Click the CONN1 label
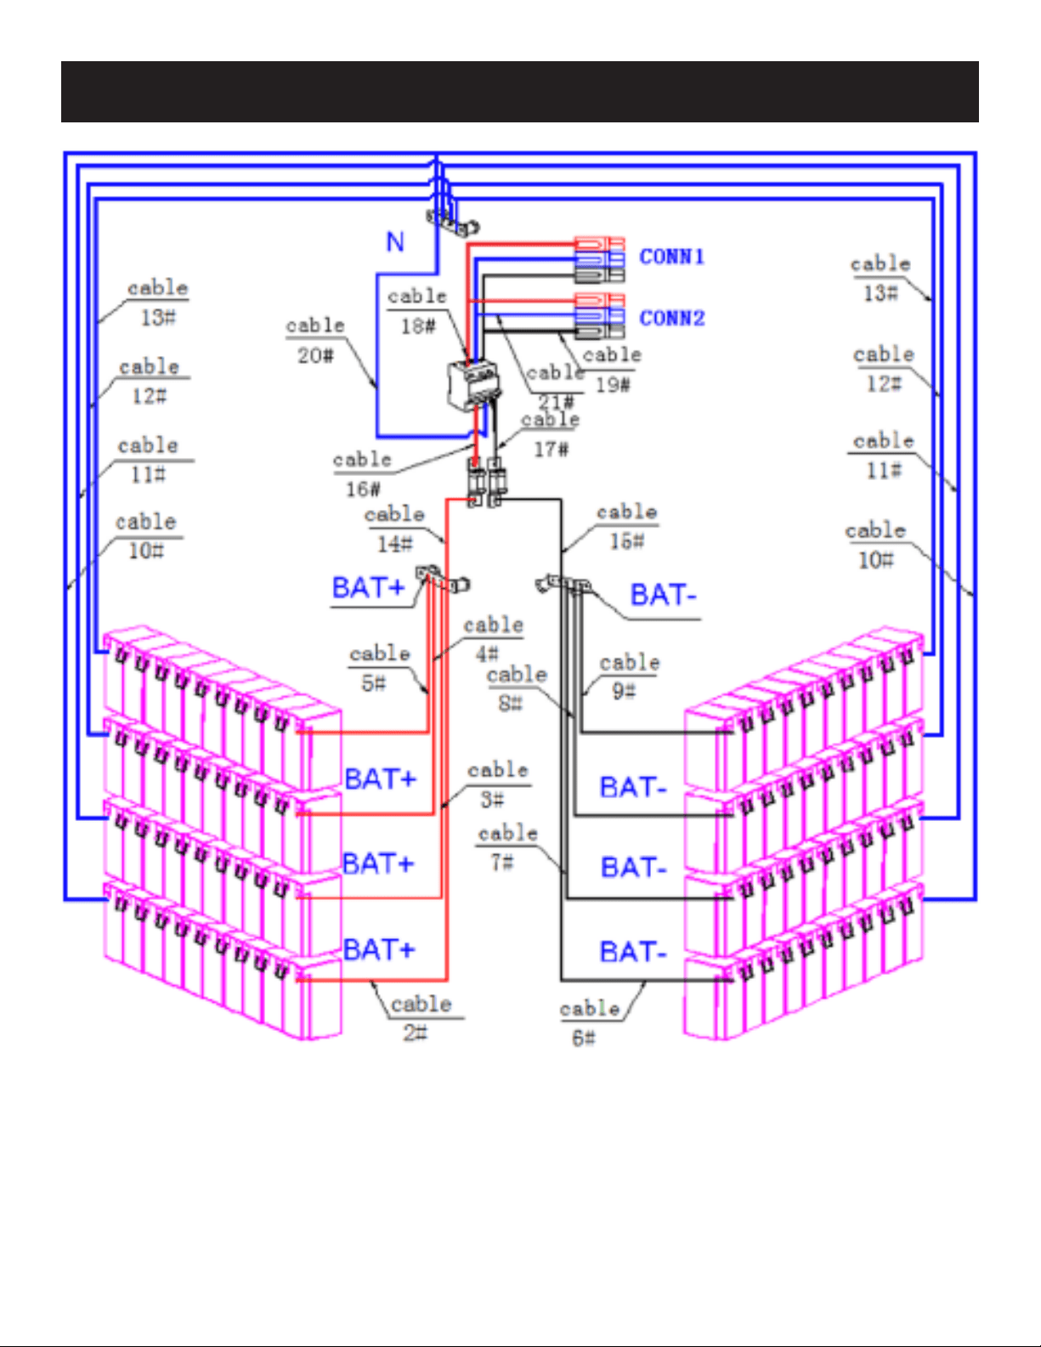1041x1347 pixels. [671, 257]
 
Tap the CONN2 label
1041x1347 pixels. [671, 318]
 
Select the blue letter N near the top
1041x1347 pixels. [394, 241]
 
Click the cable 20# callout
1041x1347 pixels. [315, 340]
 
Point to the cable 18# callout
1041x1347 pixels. [417, 311]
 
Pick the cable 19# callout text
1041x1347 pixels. [612, 370]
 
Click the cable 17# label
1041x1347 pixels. [551, 434]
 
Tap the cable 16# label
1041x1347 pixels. [363, 474]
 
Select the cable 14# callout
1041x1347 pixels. [394, 529]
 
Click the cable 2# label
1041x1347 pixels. [421, 1018]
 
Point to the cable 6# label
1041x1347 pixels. [589, 1023]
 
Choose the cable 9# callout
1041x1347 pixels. [629, 676]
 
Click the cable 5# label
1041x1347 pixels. [379, 668]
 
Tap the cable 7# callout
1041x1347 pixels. [507, 847]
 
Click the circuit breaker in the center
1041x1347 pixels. [472, 387]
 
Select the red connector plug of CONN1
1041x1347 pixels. [599, 243]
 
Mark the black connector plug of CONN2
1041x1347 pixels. [599, 331]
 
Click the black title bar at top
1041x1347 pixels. [520, 92]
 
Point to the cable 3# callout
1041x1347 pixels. [498, 784]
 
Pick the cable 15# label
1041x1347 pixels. [626, 526]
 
